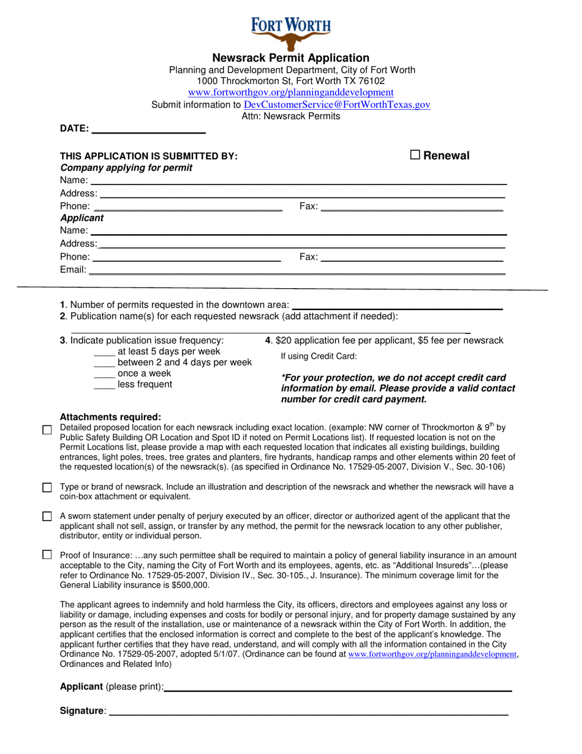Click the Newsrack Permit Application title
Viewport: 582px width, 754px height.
click(290, 58)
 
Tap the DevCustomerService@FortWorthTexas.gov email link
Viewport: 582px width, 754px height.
click(336, 105)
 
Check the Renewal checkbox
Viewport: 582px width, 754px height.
click(415, 155)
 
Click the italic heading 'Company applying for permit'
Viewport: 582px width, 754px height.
click(126, 168)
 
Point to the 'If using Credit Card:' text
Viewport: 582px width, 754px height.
click(319, 356)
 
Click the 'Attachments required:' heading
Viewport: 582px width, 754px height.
click(110, 417)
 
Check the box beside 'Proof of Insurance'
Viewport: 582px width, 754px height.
click(47, 555)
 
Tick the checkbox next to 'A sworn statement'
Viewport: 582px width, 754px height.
click(47, 516)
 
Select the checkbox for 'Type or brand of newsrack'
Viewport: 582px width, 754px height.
click(47, 487)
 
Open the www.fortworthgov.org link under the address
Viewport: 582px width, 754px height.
click(290, 93)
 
